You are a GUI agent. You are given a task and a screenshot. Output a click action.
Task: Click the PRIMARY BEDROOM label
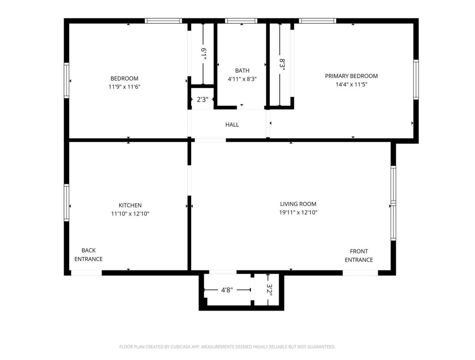pos(351,76)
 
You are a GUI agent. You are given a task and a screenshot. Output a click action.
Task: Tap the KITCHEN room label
pos(130,205)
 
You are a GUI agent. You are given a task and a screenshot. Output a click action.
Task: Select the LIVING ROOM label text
pos(298,204)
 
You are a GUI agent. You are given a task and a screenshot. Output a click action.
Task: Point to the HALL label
pos(232,124)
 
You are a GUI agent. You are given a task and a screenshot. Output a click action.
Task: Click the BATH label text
pos(242,70)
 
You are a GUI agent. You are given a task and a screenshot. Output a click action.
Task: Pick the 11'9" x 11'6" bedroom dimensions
pos(124,87)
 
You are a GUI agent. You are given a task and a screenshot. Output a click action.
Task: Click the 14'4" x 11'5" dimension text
pos(351,84)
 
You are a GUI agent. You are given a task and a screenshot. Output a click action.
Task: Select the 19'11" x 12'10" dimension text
pos(298,212)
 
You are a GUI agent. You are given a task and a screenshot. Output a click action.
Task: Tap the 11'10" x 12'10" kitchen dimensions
pos(130,214)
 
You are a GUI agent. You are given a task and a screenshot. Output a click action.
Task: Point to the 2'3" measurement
pos(203,99)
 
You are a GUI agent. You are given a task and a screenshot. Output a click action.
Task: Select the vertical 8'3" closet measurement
pos(282,65)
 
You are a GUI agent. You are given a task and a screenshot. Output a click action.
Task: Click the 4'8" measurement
pos(227,290)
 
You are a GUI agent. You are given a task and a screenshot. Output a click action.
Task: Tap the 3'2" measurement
pos(269,290)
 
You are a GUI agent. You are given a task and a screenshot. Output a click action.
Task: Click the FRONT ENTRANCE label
pos(359,255)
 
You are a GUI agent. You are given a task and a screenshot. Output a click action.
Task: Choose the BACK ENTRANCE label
pos(89,255)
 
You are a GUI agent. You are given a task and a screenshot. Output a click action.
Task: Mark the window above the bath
pos(241,21)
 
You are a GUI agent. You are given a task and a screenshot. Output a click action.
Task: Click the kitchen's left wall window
pos(66,203)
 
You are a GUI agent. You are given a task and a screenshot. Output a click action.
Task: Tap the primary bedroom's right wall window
pos(416,80)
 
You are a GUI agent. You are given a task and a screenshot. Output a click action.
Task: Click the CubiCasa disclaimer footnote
pos(228,347)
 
